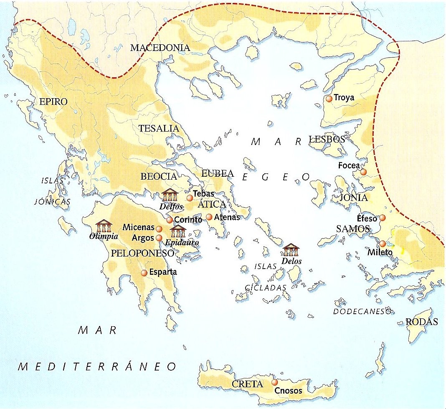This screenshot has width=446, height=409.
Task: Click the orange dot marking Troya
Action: point(329,99)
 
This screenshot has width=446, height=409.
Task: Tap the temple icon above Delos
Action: point(292,250)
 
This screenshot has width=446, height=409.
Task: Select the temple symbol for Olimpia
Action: point(104,226)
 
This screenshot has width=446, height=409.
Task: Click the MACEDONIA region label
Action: point(160,48)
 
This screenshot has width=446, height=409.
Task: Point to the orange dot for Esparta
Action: point(144,273)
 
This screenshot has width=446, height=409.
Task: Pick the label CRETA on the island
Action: point(248,384)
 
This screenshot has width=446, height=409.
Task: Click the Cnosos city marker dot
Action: point(274,382)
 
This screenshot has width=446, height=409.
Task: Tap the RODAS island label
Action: point(422,322)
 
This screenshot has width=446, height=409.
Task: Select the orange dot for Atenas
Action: point(209,217)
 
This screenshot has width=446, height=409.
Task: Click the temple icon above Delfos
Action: point(170,195)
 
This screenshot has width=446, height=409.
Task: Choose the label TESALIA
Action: point(159,129)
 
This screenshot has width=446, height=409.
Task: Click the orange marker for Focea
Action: point(363,172)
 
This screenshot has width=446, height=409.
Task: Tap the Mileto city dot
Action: point(383,244)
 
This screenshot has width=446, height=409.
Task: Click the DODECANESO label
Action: point(362,311)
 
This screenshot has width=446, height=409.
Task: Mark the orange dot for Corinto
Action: point(170,220)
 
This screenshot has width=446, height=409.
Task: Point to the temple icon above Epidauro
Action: point(178,231)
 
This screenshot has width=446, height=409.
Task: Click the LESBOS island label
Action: point(327,140)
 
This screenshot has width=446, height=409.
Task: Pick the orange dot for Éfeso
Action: point(383,218)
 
